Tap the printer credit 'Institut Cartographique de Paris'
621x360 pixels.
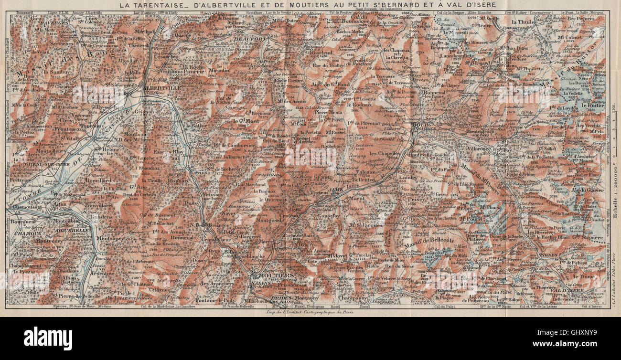309,313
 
